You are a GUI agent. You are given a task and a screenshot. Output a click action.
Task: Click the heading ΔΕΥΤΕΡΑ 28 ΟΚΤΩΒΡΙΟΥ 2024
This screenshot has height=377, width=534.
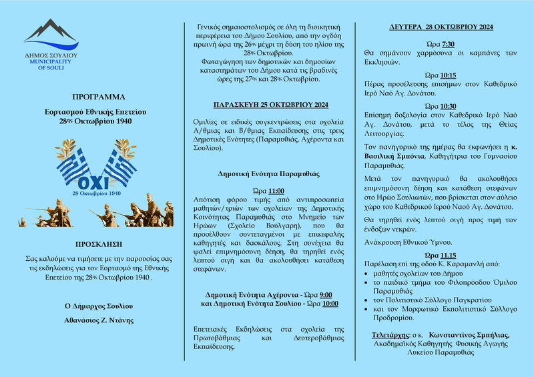pos(441,27)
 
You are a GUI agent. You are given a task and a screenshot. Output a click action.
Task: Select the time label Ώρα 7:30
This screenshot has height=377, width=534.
pos(441,43)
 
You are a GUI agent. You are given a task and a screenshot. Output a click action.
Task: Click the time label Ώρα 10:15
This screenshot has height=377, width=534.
pos(441,75)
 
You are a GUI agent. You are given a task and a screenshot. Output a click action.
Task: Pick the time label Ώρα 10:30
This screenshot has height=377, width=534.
pos(441,107)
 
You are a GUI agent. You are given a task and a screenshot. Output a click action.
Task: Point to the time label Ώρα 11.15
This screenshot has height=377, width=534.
pos(441,256)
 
